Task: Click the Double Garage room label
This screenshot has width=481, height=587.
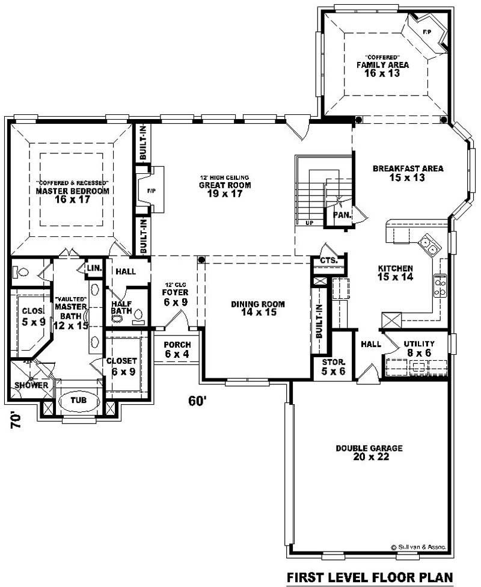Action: [369, 452]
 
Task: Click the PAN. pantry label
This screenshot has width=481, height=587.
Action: [341, 214]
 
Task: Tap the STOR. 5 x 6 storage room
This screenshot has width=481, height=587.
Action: [332, 367]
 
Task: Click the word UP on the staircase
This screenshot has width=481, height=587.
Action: [310, 223]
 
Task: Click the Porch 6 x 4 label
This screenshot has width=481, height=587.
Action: [177, 349]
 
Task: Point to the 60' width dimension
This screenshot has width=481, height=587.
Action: [197, 401]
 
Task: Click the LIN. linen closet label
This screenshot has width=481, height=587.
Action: [94, 268]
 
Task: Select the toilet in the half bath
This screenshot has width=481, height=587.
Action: [138, 314]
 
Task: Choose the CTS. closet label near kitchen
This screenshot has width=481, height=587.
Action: [328, 260]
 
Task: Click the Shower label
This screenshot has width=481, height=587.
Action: [31, 385]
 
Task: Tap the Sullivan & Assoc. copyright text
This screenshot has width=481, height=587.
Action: [418, 547]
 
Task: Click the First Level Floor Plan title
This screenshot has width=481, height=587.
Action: [369, 577]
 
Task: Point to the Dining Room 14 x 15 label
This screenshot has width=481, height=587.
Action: [258, 308]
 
